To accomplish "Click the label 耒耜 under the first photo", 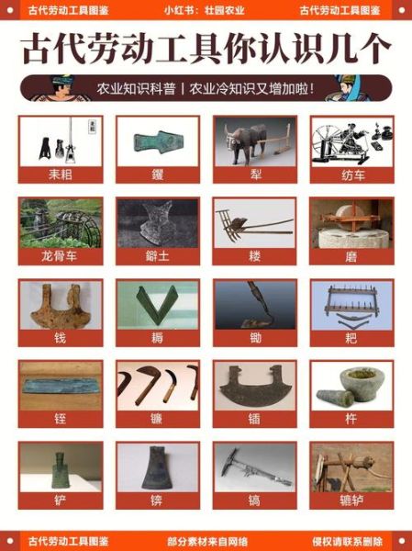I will (61, 174).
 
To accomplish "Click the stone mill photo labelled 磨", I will (351, 222).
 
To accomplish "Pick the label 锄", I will (254, 338).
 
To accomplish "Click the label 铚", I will (61, 420).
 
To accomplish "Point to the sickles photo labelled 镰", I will (158, 386).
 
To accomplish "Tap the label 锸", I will (254, 420).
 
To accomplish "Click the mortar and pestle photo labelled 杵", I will (351, 386).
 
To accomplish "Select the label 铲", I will (61, 501).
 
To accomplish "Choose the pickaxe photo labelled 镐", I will (254, 467).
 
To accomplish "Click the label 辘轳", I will (351, 501).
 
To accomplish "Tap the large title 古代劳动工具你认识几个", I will (206, 48).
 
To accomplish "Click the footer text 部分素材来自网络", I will (205, 540).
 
